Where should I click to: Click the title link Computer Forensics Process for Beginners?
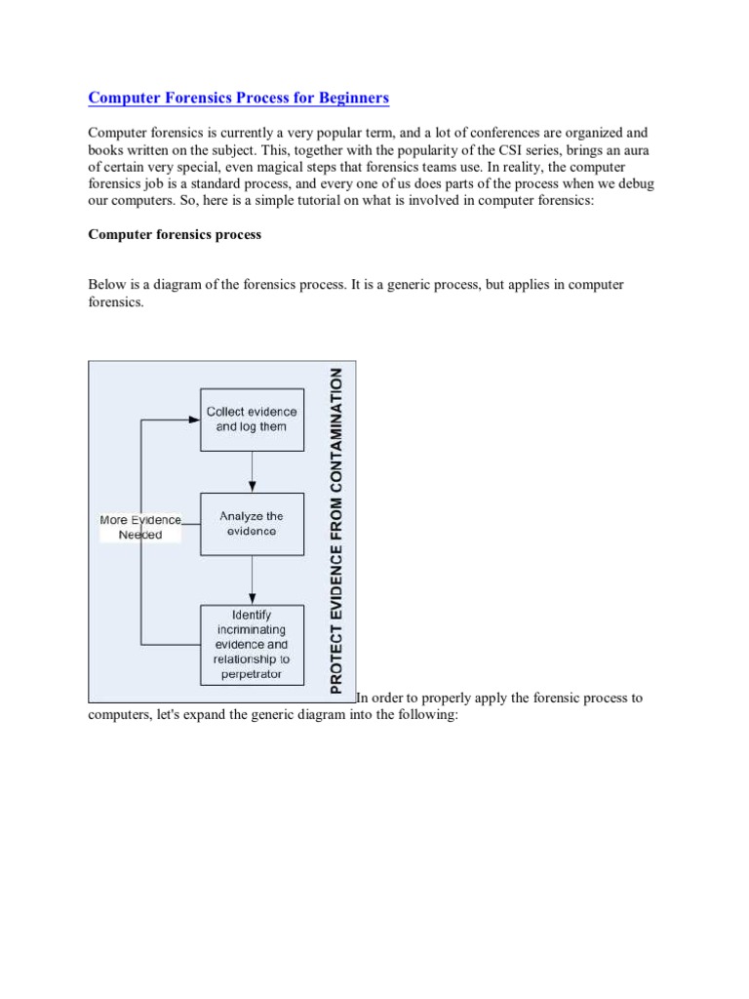pyautogui.click(x=239, y=98)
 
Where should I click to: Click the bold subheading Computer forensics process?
pyautogui.click(x=175, y=235)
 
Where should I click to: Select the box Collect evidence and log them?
pyautogui.click(x=252, y=420)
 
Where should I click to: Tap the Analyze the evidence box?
pyautogui.click(x=252, y=524)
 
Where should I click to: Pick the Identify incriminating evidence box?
pyautogui.click(x=252, y=644)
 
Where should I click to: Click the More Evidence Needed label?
pyautogui.click(x=139, y=527)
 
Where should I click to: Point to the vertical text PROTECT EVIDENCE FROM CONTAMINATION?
pyautogui.click(x=336, y=531)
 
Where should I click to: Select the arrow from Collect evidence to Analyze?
pyautogui.click(x=253, y=471)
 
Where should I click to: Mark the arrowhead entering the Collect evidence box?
pyautogui.click(x=193, y=420)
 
